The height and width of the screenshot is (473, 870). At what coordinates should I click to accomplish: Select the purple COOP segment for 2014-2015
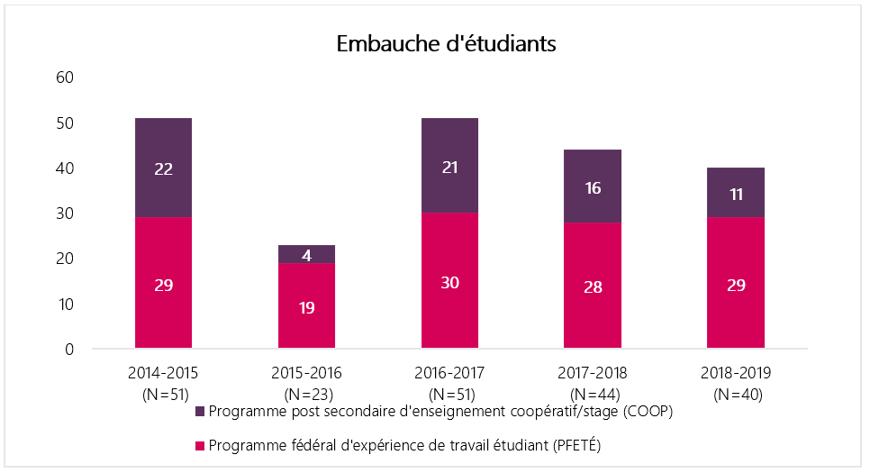coord(163,168)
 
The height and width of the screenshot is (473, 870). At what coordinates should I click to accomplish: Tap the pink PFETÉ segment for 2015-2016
coord(306,305)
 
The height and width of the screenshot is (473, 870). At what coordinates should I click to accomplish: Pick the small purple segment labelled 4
coord(306,254)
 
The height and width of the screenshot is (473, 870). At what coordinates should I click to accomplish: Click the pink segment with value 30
coord(449,281)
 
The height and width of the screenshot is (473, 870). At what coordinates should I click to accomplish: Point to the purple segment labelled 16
coord(593,186)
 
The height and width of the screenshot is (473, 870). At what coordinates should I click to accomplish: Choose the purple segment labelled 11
coord(736,193)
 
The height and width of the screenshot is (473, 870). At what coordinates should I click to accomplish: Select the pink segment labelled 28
coord(593,286)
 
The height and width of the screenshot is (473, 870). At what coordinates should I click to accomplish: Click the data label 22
coord(163,168)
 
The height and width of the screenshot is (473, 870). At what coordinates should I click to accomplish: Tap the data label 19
coord(306,307)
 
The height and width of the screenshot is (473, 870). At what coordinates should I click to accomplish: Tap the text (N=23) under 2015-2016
coord(306,394)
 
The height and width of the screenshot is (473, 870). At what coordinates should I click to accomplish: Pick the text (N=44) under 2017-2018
coord(593,394)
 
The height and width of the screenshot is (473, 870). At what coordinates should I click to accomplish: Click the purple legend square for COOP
coord(201,412)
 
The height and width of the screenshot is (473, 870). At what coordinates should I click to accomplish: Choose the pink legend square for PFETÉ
coord(201,446)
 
